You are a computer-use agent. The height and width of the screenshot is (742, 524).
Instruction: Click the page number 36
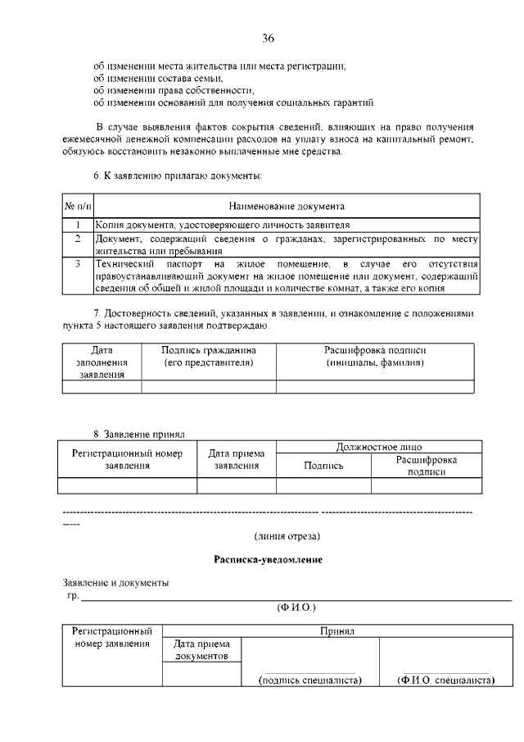coord(268,39)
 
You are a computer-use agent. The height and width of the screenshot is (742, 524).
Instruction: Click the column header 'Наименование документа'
coord(286,206)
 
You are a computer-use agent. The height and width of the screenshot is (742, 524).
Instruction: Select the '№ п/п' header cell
coord(77,206)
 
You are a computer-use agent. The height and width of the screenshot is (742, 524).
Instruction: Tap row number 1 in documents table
coord(77,224)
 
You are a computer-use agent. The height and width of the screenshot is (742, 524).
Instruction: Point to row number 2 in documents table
coord(77,239)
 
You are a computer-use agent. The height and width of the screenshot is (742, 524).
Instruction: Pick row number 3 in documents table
coord(77,265)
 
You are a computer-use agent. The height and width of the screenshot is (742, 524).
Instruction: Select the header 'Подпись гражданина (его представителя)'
coord(209,356)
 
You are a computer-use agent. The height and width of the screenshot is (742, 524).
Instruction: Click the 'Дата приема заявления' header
coord(237,458)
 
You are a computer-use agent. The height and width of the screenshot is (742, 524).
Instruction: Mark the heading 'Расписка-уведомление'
coord(268,559)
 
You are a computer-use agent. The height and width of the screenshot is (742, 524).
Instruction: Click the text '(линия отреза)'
coord(287,536)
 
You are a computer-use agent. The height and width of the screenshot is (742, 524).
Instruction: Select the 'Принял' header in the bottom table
coord(337,631)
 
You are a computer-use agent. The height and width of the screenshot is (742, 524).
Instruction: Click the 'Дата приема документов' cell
coord(201,650)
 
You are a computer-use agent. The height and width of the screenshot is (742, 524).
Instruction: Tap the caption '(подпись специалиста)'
coord(309,681)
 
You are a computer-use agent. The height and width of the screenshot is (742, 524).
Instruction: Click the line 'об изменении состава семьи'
coord(152,77)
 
